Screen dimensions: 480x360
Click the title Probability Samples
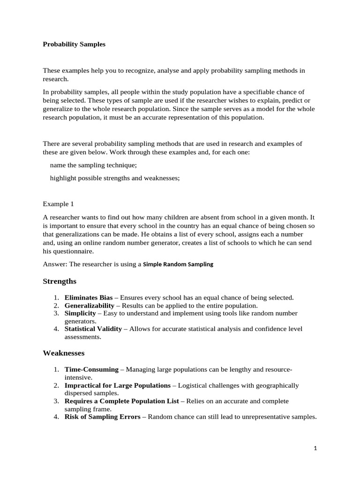[74, 45]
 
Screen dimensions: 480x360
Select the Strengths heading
[60, 281]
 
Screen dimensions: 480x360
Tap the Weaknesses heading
[64, 352]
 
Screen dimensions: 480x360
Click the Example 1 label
[59, 204]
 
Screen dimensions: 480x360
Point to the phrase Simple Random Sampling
[178, 264]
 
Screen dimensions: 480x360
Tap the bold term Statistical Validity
[93, 329]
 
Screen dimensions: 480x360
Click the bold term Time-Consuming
[91, 369]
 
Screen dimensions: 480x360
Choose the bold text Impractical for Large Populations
[118, 385]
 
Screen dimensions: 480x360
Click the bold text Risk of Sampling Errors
[103, 417]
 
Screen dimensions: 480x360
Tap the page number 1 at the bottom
[315, 449]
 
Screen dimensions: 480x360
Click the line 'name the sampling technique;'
[93, 165]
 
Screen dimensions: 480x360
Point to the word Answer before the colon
[54, 264]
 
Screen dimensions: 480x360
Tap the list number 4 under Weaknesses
[55, 417]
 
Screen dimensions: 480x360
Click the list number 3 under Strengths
[55, 313]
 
